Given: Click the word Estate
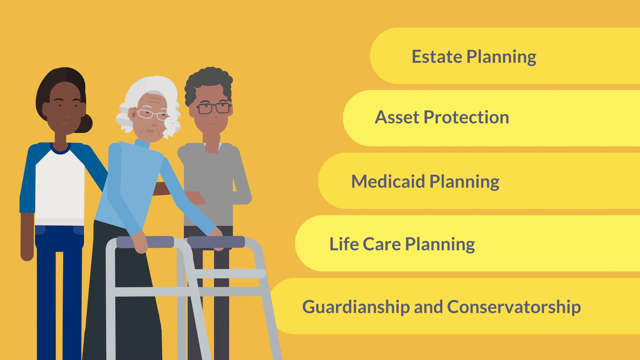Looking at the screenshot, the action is point(437,57).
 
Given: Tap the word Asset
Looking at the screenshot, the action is point(397,117).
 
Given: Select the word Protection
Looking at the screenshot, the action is point(466,117).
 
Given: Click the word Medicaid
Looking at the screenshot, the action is point(388,182).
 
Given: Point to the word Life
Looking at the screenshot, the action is point(344,244).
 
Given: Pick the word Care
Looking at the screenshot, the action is point(382,244).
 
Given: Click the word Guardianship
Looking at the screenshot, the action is point(356,307).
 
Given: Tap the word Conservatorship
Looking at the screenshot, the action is point(514,307).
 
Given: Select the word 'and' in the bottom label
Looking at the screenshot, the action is point(428,307).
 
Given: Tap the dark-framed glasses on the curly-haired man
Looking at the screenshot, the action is point(213,108).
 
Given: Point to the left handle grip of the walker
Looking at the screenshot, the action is point(145,242).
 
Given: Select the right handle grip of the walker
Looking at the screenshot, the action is point(216,242).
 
